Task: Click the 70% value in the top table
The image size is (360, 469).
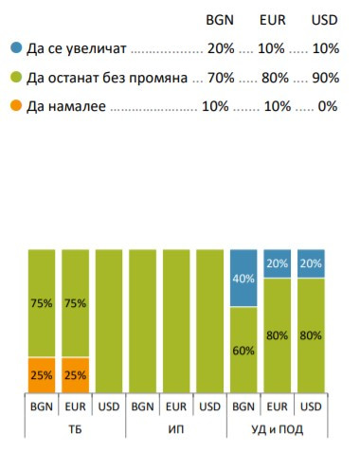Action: [x=218, y=77]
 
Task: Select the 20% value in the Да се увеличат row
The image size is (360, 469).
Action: [x=218, y=45]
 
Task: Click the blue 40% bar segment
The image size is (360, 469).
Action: [x=243, y=278]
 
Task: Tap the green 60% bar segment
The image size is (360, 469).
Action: [x=243, y=351]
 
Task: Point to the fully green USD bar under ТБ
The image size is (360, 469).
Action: [x=108, y=322]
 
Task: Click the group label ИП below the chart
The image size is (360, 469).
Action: [x=175, y=428]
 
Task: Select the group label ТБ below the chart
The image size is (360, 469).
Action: [x=75, y=428]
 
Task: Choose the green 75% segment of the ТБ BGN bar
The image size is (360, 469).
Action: [x=42, y=303]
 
